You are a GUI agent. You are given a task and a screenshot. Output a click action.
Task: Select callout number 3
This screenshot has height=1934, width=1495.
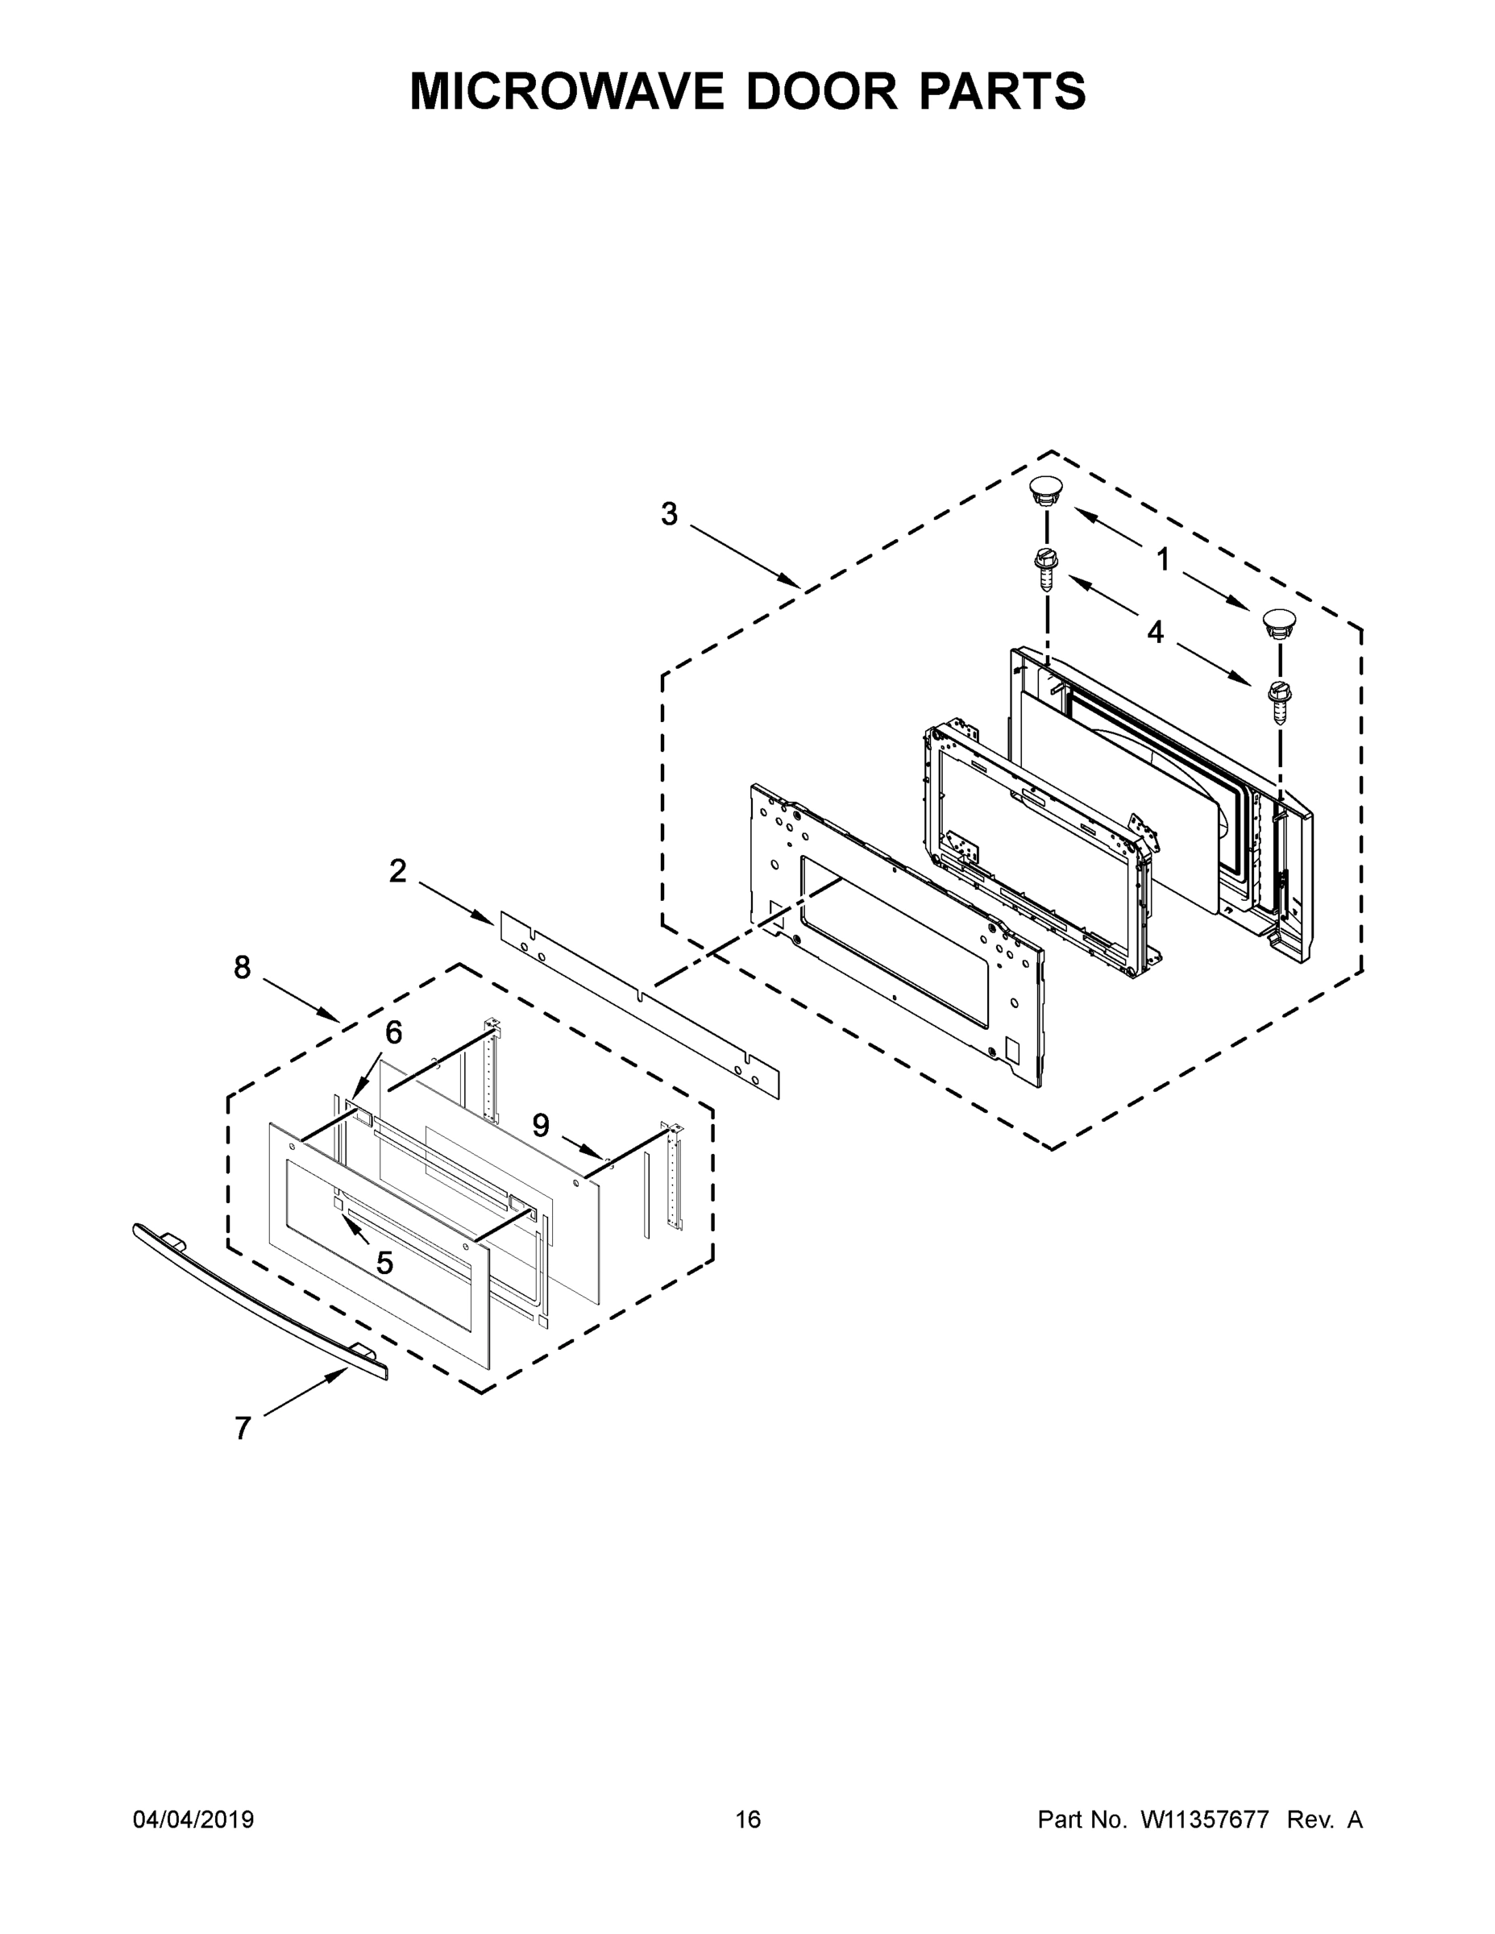(669, 513)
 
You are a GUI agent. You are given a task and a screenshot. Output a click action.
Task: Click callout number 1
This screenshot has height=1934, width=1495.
(1162, 560)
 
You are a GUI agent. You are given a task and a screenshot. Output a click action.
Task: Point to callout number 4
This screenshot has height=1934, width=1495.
(1155, 633)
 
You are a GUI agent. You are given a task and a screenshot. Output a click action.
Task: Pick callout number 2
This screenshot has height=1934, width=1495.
(397, 871)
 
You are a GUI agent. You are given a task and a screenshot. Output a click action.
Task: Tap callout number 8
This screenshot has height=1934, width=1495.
(242, 968)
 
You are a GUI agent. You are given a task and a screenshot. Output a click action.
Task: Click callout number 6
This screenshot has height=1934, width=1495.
(393, 1031)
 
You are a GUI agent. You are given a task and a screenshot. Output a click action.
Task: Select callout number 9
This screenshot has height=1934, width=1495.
(540, 1126)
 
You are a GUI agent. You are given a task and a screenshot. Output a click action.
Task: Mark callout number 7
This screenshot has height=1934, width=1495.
(243, 1429)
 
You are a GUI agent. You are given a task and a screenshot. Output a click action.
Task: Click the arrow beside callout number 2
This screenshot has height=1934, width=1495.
(455, 903)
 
